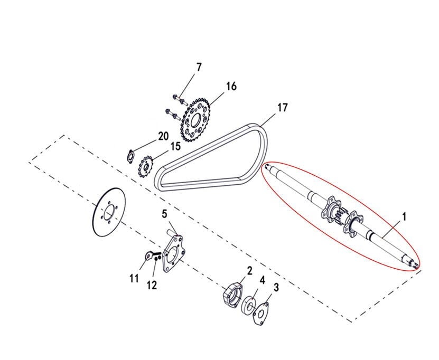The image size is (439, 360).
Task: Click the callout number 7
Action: coord(199,68)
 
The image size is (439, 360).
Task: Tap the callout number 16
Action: coord(231,86)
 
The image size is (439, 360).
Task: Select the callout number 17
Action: coord(283,107)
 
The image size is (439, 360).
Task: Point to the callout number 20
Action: coord(163,136)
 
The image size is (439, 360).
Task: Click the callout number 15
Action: coord(175,146)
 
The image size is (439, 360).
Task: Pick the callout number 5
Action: coord(164,214)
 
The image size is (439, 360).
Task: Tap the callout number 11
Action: coord(134,278)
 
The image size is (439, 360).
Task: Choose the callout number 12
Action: coord(152,286)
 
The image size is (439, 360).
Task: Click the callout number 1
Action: coord(404,216)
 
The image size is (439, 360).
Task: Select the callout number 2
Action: coord(249,270)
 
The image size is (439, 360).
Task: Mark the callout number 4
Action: coord(262,280)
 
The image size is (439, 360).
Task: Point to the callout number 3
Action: coord(276,287)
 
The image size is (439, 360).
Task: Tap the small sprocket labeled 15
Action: coord(146,167)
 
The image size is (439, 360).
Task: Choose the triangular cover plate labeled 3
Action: coord(260,314)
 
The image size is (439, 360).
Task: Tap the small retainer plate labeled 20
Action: coord(130,157)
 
